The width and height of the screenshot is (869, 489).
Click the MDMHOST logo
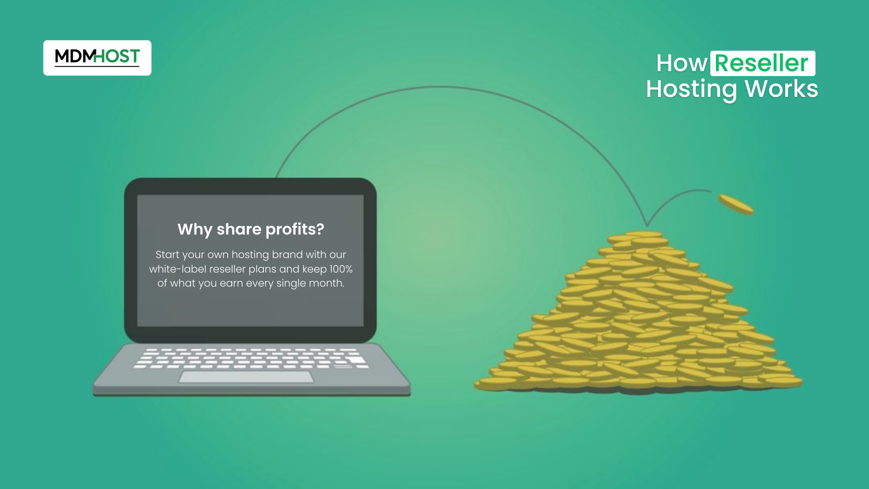(97, 58)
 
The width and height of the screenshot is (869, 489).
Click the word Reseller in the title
(762, 63)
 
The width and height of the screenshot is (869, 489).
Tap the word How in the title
(682, 63)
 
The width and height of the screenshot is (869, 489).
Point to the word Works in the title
(782, 89)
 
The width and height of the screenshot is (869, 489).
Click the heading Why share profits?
(251, 230)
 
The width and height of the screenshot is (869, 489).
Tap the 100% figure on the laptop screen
(341, 269)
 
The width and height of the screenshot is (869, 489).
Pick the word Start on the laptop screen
(167, 254)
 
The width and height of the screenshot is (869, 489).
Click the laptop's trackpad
(246, 377)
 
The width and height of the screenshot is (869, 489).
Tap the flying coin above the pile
(736, 204)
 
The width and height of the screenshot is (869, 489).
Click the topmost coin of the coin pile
(644, 234)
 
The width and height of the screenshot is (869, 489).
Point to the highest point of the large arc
(439, 86)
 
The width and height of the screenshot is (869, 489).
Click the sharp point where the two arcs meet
(647, 225)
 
